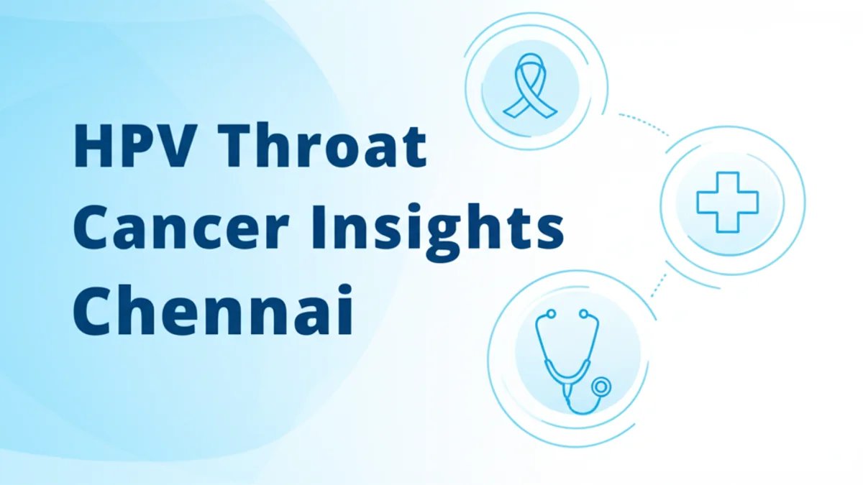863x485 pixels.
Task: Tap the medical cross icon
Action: [x=729, y=202]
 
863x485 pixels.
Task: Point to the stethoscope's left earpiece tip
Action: [x=550, y=314]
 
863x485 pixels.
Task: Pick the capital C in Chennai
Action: [x=91, y=310]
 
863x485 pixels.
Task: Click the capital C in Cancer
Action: [x=91, y=229]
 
